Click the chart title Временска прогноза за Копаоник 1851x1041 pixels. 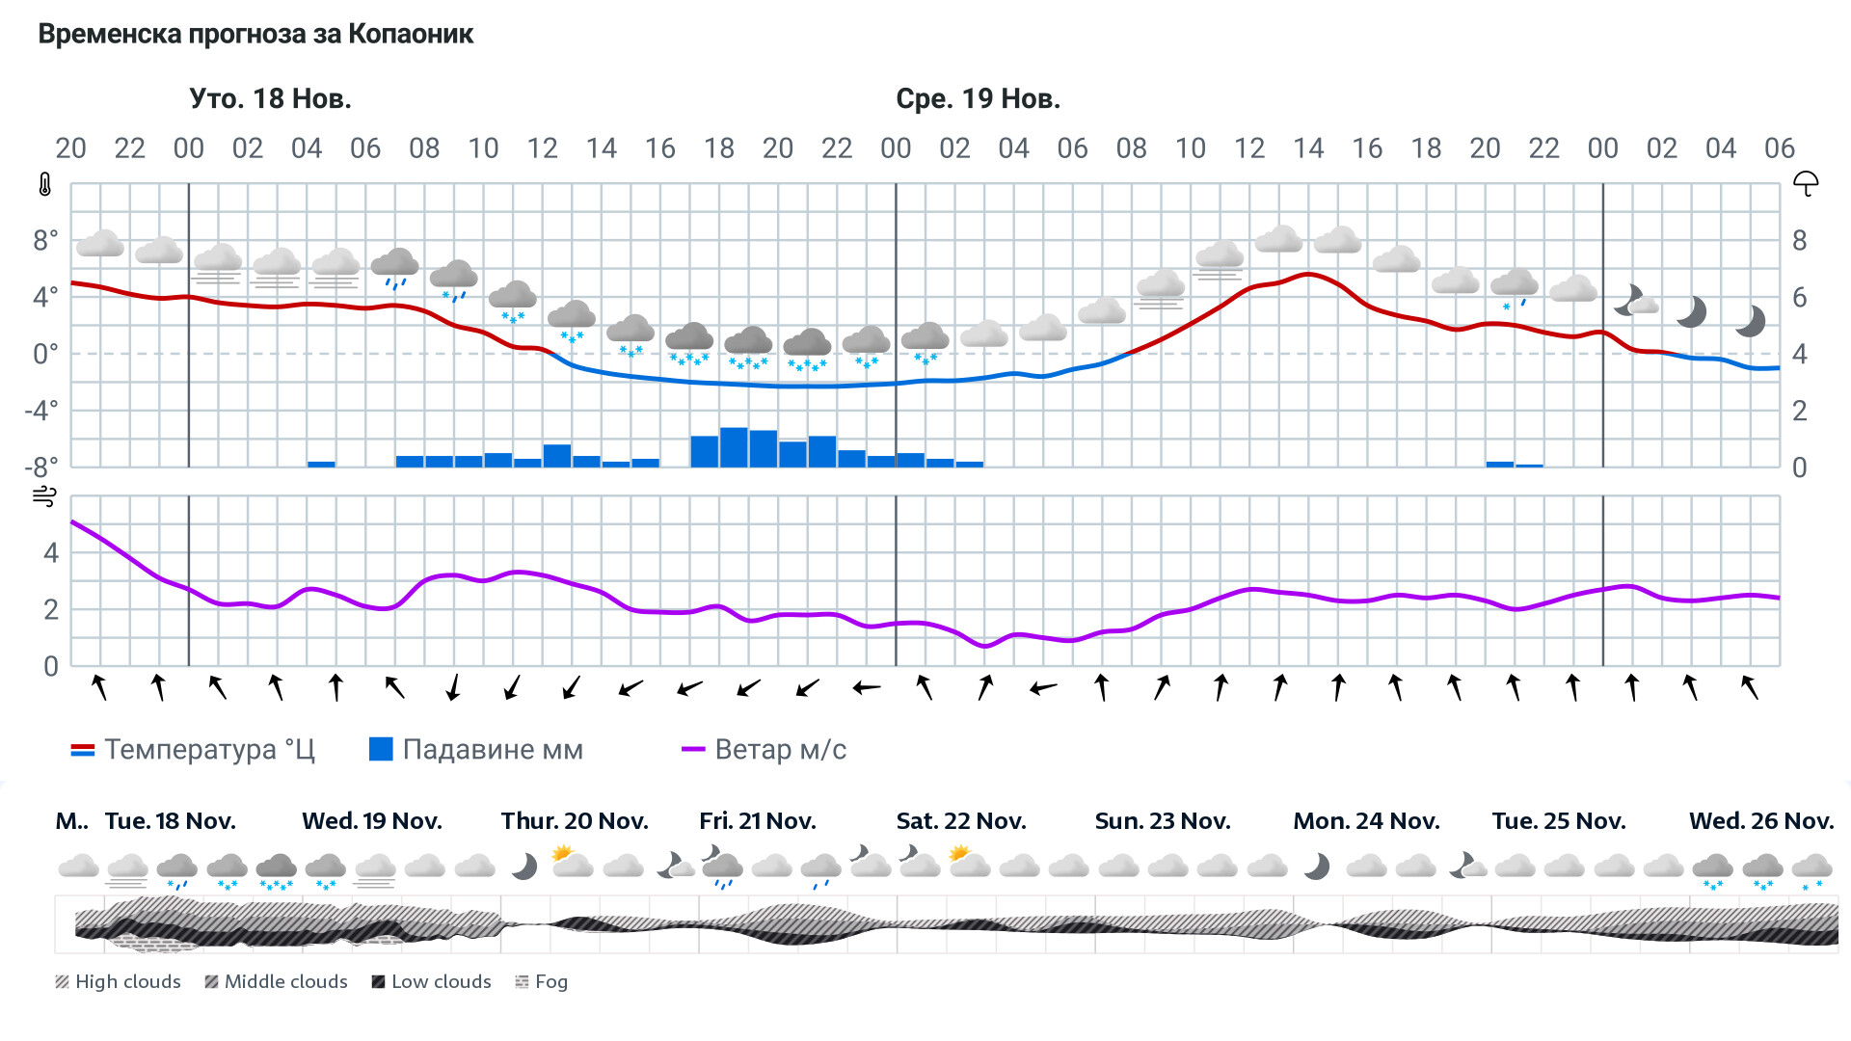point(255,35)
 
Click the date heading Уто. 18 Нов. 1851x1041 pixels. point(270,98)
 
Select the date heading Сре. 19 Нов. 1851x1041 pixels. point(978,98)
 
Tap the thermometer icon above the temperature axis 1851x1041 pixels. point(44,184)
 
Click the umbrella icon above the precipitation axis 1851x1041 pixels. point(1805,183)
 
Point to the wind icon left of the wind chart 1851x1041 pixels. point(44,496)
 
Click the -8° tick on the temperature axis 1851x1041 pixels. point(40,467)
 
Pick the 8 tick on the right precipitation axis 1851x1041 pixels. point(1799,241)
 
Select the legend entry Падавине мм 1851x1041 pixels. point(476,749)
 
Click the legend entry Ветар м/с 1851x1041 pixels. point(764,749)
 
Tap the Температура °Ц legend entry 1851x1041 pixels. point(193,749)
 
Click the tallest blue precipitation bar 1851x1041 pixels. point(734,447)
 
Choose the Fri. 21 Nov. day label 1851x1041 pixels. point(757,821)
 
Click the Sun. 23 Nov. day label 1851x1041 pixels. point(1162,821)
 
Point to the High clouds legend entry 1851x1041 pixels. point(118,981)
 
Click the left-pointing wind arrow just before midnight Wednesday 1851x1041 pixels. point(867,687)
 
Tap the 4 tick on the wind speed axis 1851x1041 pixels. point(51,552)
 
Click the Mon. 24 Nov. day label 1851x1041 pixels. point(1365,821)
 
